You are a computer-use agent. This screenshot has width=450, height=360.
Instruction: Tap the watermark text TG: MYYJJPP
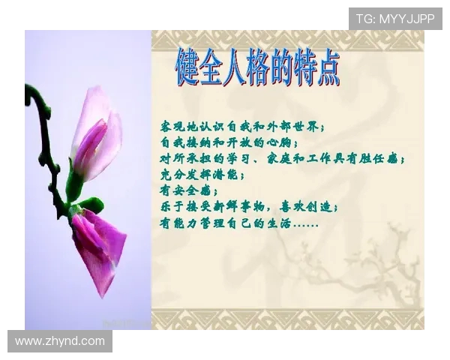click(395, 19)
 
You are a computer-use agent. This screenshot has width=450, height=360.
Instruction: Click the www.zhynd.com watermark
click(60, 341)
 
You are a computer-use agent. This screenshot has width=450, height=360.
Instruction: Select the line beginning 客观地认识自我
click(242, 125)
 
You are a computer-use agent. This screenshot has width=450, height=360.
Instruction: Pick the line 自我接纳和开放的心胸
click(229, 142)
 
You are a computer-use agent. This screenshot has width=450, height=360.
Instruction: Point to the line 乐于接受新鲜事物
click(249, 207)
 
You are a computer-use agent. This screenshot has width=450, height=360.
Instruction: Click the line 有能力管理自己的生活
click(238, 223)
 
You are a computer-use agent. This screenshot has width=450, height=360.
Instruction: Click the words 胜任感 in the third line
click(383, 158)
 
